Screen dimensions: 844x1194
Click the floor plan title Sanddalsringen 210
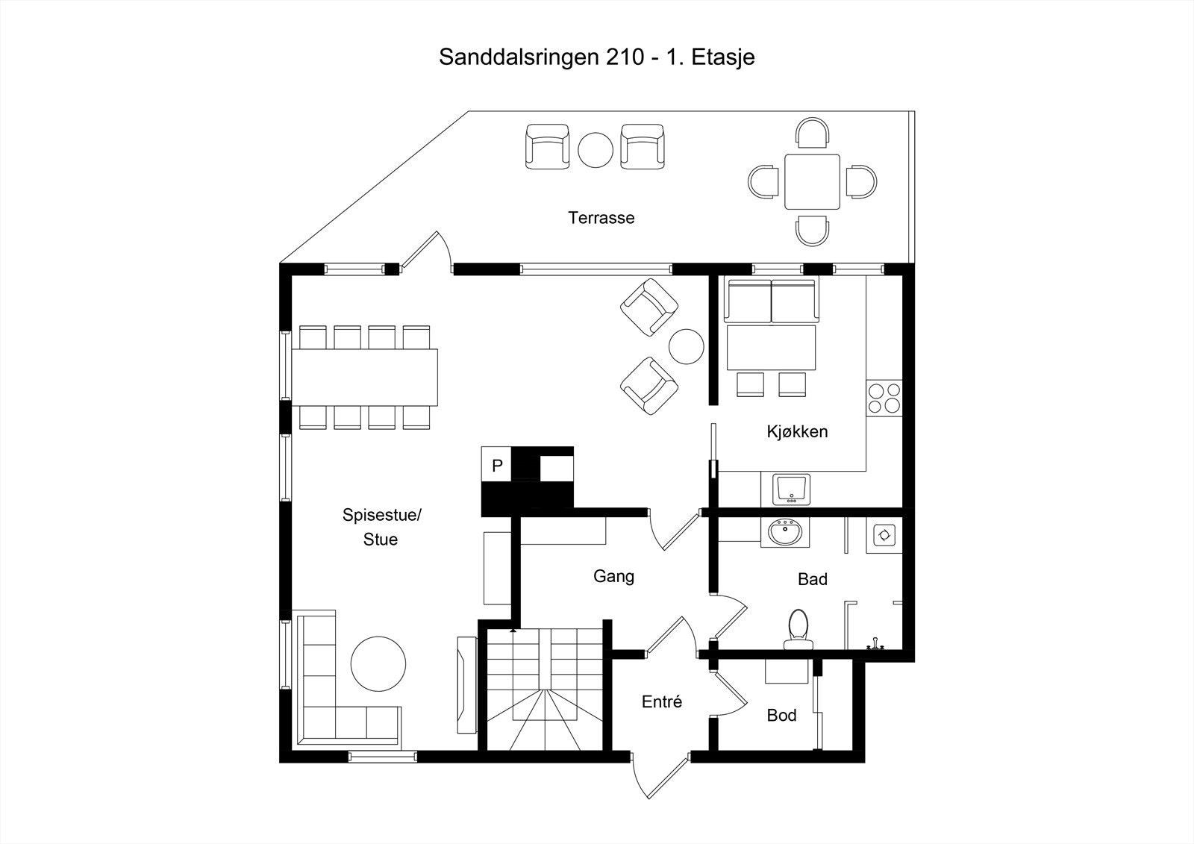point(596,57)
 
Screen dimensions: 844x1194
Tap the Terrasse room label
point(601,218)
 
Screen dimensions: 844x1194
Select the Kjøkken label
point(797,431)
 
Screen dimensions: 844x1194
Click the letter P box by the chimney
point(497,466)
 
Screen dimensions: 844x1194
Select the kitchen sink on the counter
point(792,490)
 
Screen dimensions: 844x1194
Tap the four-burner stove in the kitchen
point(884,398)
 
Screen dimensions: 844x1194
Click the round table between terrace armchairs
point(596,150)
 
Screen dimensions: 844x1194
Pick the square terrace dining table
point(812,182)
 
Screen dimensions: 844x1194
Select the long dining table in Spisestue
point(364,377)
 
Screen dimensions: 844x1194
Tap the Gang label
point(613,576)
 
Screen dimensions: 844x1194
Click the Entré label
point(662,701)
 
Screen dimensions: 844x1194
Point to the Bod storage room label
point(781,716)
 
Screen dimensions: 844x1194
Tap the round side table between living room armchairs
point(686,346)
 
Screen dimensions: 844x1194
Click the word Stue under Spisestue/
point(381,540)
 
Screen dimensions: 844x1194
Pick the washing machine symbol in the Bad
point(884,535)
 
